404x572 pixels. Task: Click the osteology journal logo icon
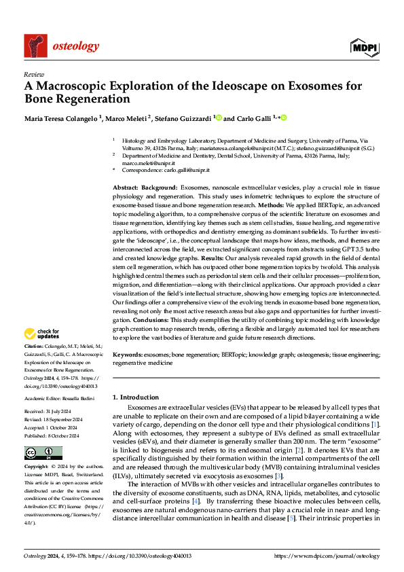coord(36,45)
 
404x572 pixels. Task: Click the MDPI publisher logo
coord(365,46)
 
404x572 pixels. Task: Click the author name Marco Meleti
coord(129,118)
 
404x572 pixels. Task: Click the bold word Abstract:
coord(126,186)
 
